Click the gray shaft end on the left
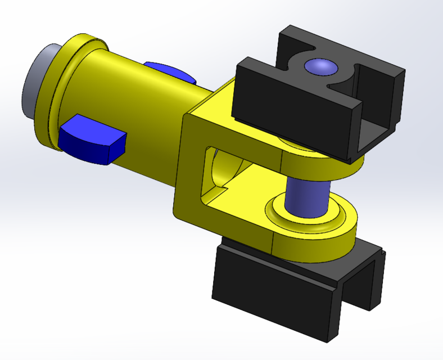(35, 79)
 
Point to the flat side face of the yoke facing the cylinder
(186, 163)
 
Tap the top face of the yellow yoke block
(225, 98)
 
